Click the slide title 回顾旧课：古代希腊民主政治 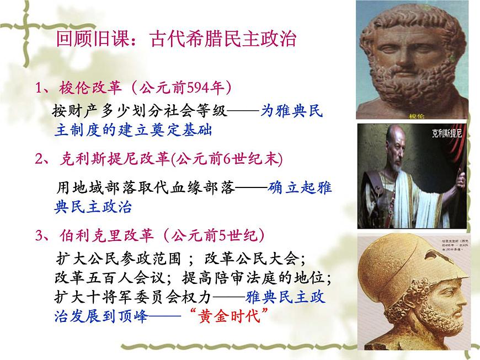coord(177,39)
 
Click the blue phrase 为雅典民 coord(292,111)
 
